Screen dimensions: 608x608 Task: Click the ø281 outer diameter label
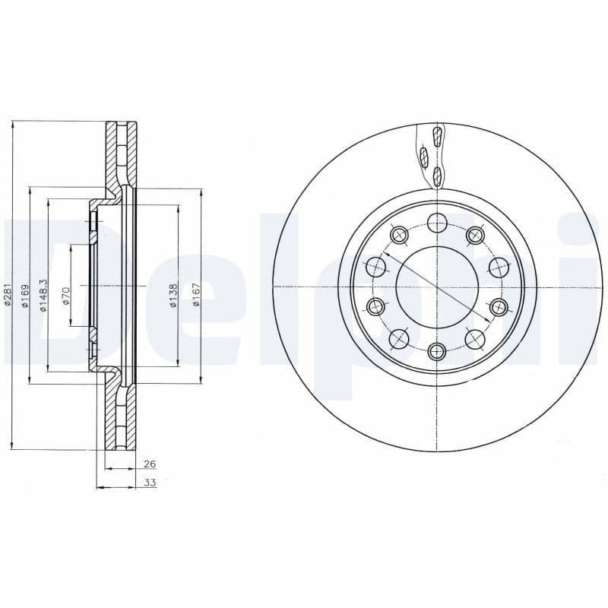point(7,295)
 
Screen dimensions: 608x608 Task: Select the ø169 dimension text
point(24,295)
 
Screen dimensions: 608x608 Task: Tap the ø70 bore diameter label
point(66,295)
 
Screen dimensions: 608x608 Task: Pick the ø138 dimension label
point(173,295)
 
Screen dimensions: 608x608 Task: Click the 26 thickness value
point(149,464)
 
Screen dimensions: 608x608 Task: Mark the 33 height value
point(150,483)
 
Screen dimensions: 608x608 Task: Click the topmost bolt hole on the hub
point(437,223)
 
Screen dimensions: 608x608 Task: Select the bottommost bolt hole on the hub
point(436,350)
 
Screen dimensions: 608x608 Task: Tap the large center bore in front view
point(437,287)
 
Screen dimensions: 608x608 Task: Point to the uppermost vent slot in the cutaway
point(436,137)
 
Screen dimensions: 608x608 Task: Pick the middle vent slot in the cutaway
point(424,157)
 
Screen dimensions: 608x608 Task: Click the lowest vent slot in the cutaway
point(437,177)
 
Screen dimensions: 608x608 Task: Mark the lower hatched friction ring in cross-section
point(112,414)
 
